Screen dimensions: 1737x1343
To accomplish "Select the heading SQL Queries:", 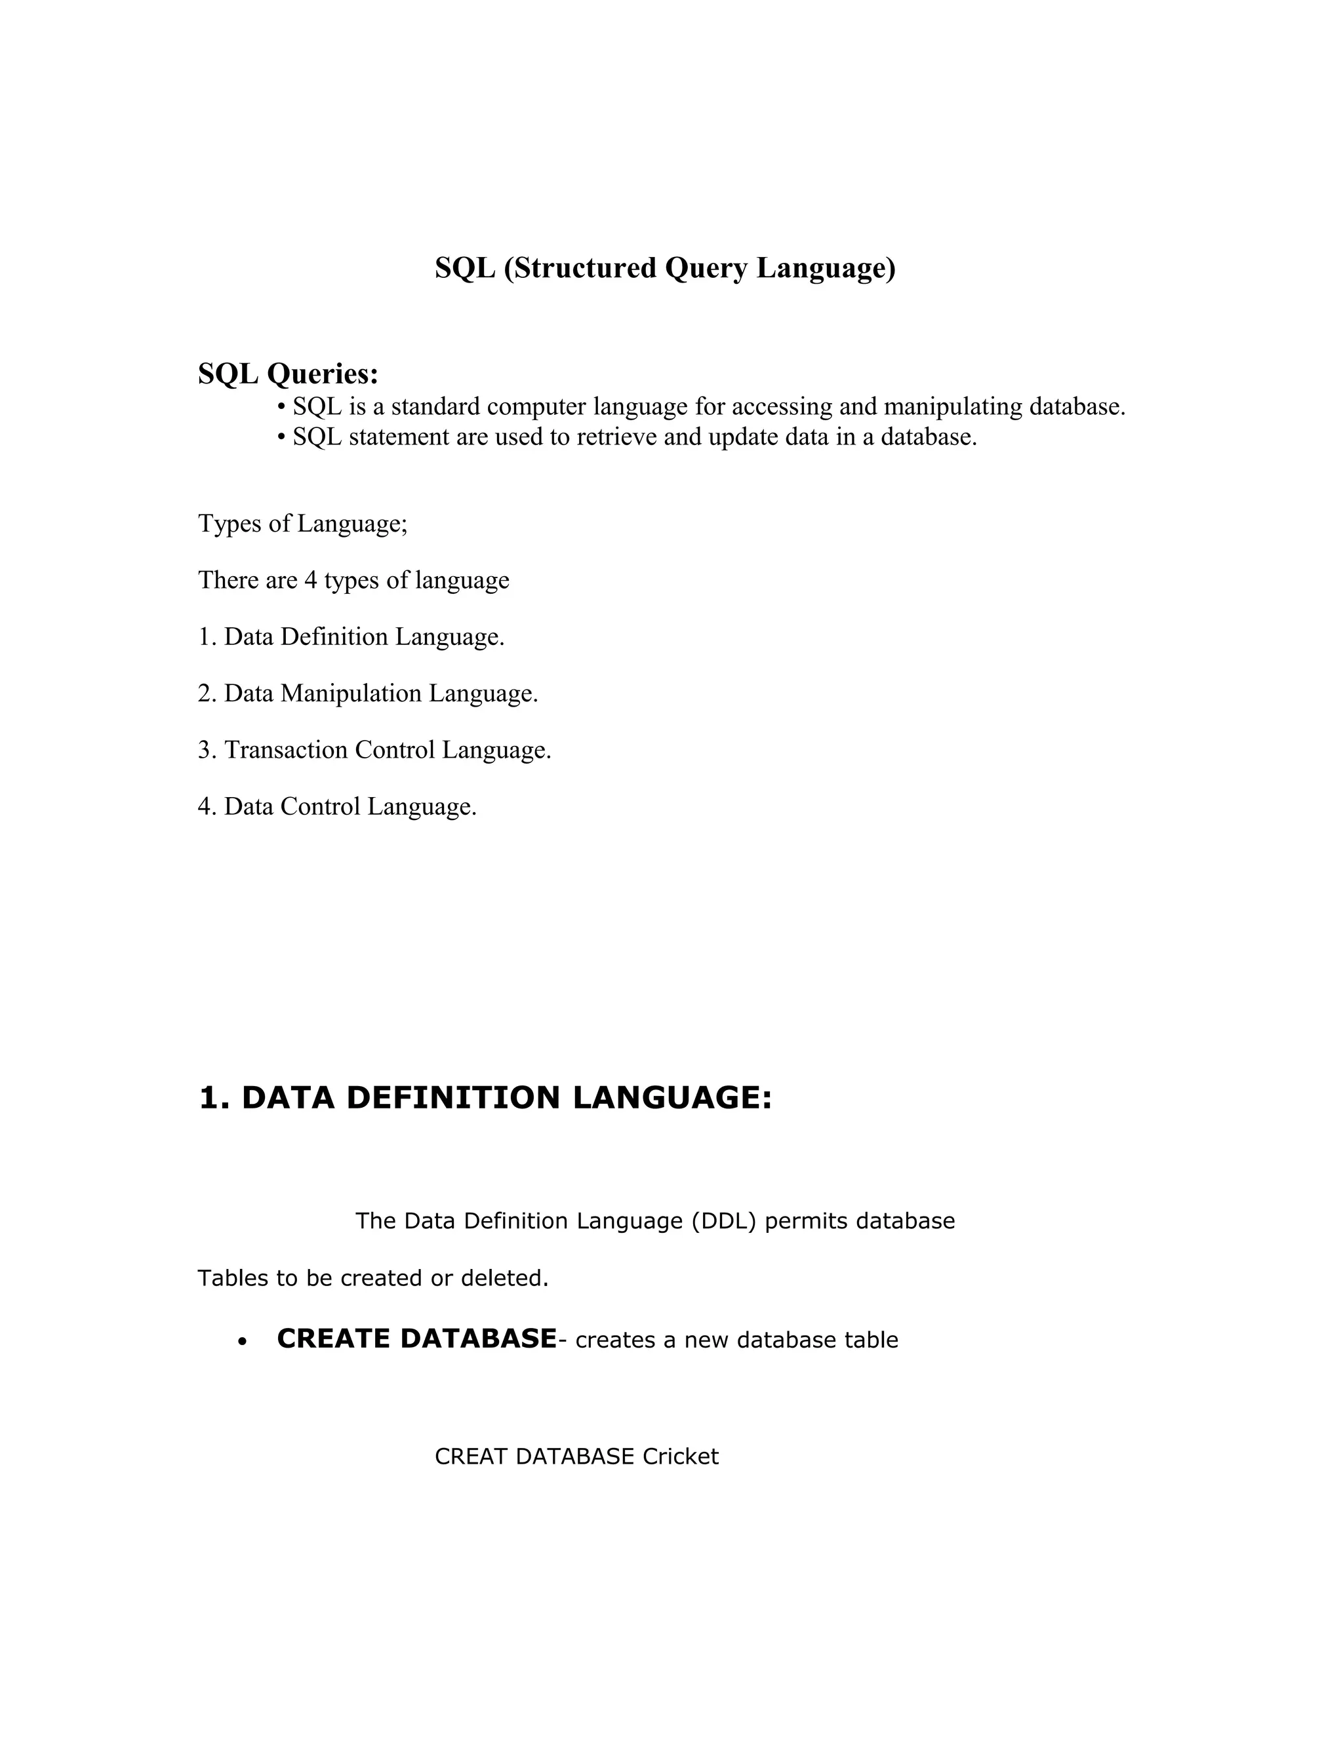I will [x=288, y=373].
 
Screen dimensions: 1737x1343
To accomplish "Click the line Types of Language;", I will [x=302, y=524].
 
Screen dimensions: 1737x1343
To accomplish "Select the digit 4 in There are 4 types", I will [x=310, y=581].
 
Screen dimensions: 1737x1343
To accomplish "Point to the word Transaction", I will [x=286, y=750].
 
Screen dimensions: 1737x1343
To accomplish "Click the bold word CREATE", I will [x=335, y=1339].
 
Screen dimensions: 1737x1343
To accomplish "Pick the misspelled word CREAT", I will [x=471, y=1456].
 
